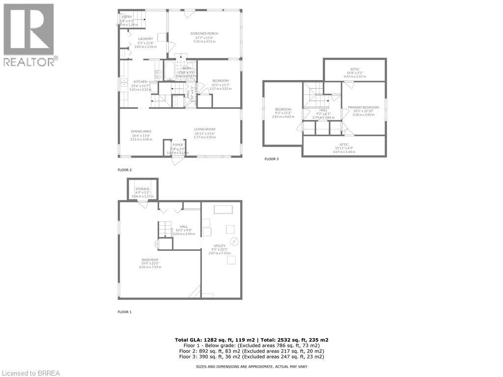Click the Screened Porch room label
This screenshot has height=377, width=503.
pyautogui.click(x=204, y=33)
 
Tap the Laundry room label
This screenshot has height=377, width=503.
pyautogui.click(x=145, y=39)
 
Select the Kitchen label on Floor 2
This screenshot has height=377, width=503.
pyautogui.click(x=140, y=81)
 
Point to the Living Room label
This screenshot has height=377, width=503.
pyautogui.click(x=204, y=130)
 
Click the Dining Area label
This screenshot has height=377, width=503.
pyautogui.click(x=141, y=131)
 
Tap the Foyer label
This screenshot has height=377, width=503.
pyautogui.click(x=177, y=145)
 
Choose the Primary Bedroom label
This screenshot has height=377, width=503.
pyautogui.click(x=363, y=107)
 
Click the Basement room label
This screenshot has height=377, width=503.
pyautogui.click(x=150, y=260)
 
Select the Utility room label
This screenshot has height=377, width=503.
pyautogui.click(x=219, y=246)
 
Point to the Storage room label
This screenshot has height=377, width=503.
pyautogui.click(x=142, y=188)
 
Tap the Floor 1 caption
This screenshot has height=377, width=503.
pyautogui.click(x=124, y=312)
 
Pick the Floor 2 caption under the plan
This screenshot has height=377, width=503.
pyautogui.click(x=124, y=170)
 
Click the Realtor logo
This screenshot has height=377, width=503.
pyautogui.click(x=29, y=34)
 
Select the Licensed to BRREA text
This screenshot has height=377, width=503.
pyautogui.click(x=30, y=373)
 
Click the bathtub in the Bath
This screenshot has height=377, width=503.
pyautogui.click(x=169, y=71)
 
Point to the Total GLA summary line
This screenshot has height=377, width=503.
pyautogui.click(x=251, y=340)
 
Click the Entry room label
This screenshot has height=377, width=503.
pyautogui.click(x=127, y=17)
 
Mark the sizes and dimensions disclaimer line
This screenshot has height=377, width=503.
pyautogui.click(x=251, y=367)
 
